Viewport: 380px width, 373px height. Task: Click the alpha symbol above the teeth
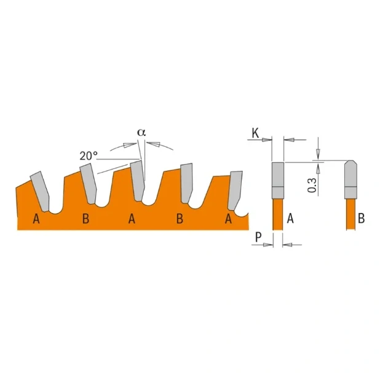tap(142, 132)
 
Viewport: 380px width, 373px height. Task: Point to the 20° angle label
tap(89, 156)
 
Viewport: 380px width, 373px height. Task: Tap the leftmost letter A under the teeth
tap(36, 219)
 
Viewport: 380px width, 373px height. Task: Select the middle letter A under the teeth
tap(132, 219)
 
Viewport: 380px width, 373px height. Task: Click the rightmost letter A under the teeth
tap(228, 219)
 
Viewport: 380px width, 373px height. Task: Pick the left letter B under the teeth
tap(85, 219)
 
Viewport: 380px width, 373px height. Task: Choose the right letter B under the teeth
tap(180, 219)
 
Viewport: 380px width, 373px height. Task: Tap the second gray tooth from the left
tap(87, 184)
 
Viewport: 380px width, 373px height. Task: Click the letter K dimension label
tap(255, 133)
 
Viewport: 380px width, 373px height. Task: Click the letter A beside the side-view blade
tap(290, 218)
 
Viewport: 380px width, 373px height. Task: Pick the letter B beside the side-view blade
tap(362, 218)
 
